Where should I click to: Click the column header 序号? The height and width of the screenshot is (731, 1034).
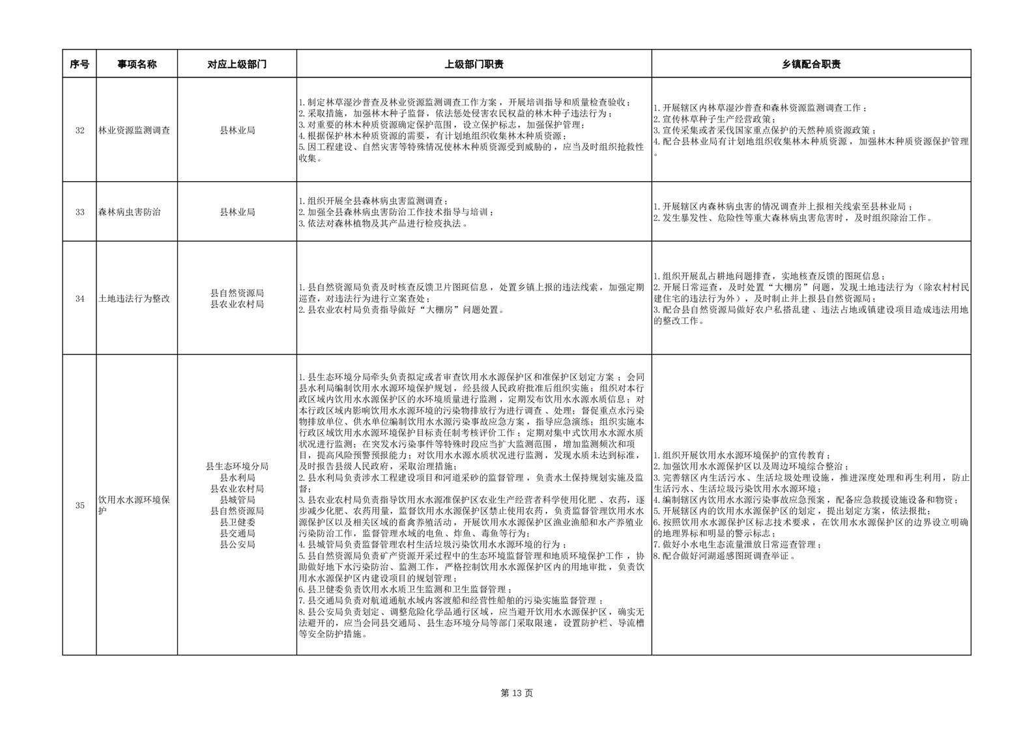point(79,64)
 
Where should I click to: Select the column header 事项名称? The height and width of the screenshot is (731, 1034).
point(137,64)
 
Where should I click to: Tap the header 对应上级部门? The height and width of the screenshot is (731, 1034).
point(237,64)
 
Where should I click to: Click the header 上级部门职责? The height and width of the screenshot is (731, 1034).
point(474,64)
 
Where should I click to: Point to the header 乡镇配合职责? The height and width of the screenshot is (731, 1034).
point(811,64)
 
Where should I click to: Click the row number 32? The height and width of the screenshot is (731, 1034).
point(79,130)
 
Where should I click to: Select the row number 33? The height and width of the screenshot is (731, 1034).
point(79,212)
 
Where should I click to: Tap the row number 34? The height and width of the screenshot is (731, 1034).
point(79,298)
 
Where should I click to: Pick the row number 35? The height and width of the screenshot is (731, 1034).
point(79,506)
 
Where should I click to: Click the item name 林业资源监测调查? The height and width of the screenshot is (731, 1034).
point(134,130)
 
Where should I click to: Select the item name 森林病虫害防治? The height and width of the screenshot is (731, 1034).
point(129,212)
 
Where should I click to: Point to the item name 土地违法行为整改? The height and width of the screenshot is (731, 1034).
point(134,298)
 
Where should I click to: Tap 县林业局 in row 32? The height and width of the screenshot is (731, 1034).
point(237,130)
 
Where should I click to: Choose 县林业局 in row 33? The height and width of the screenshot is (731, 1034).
point(237,212)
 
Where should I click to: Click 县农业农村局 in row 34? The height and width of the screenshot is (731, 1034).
point(237,304)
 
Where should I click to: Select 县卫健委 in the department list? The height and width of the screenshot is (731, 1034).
point(237,522)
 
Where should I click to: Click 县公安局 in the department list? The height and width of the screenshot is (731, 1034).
point(237,544)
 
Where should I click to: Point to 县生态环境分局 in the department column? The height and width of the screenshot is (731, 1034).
point(237,466)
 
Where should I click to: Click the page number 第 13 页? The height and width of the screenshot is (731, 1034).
point(517,693)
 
